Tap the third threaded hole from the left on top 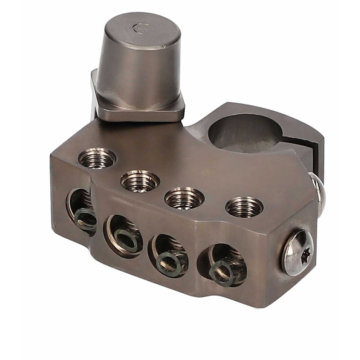pos(184,198)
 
